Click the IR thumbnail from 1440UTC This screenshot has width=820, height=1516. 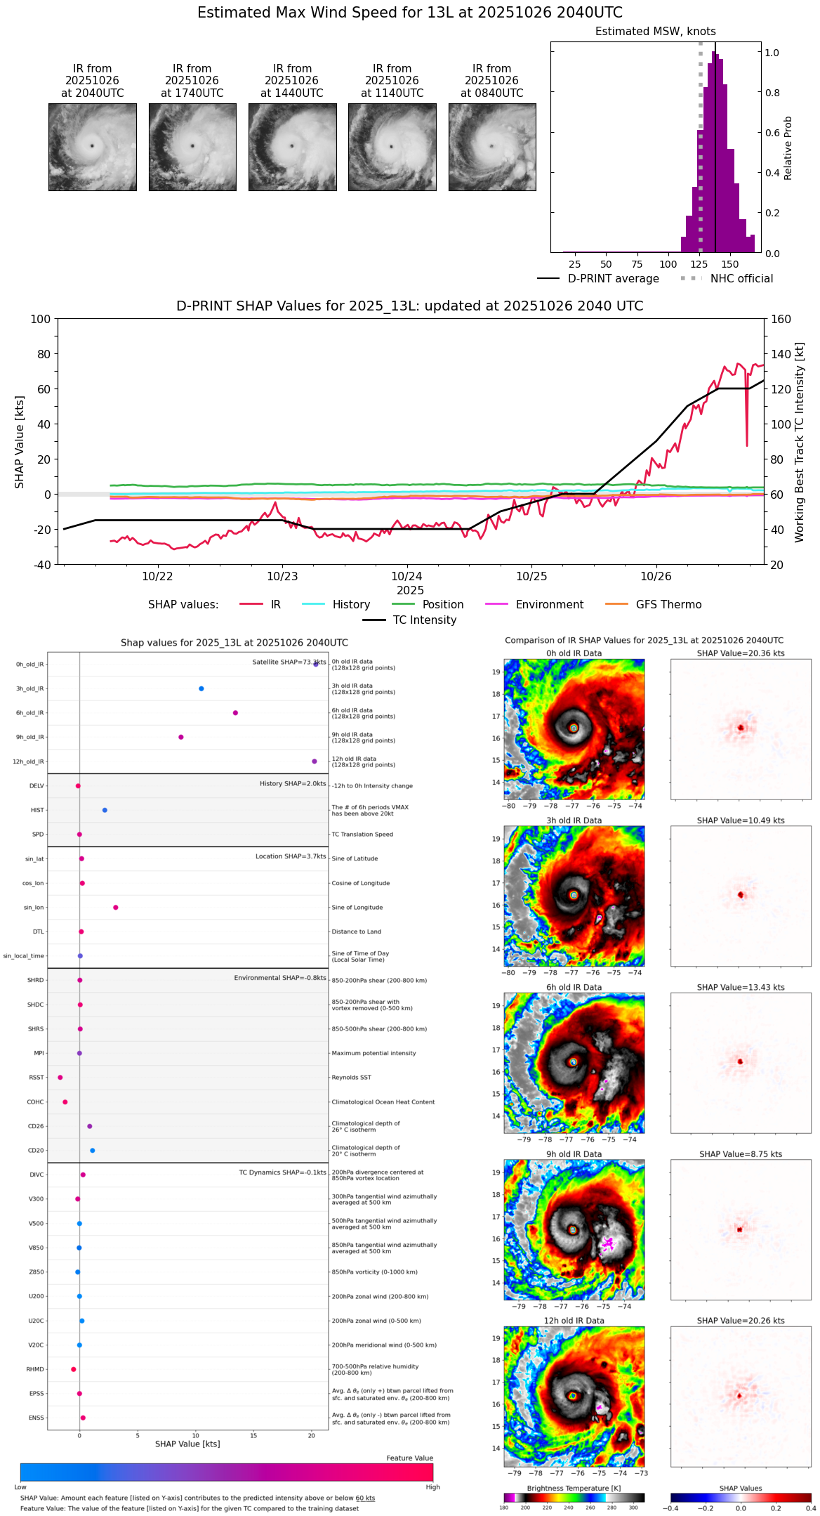click(292, 147)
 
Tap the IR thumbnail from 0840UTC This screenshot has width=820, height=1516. click(492, 147)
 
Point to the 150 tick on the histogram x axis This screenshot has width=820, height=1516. click(730, 264)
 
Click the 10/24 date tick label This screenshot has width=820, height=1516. click(406, 576)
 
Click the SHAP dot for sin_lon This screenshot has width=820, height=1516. click(116, 908)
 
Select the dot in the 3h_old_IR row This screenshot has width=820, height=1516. click(201, 688)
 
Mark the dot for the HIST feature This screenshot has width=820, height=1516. click(105, 810)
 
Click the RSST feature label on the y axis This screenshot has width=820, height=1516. click(36, 1078)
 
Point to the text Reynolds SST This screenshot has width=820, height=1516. click(351, 1078)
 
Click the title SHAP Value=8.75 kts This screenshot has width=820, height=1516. click(741, 1154)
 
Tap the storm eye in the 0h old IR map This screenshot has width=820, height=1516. click(574, 728)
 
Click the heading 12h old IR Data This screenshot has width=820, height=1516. click(574, 1321)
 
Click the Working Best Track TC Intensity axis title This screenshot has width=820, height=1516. click(800, 443)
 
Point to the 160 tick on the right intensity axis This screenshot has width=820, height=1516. click(781, 320)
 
